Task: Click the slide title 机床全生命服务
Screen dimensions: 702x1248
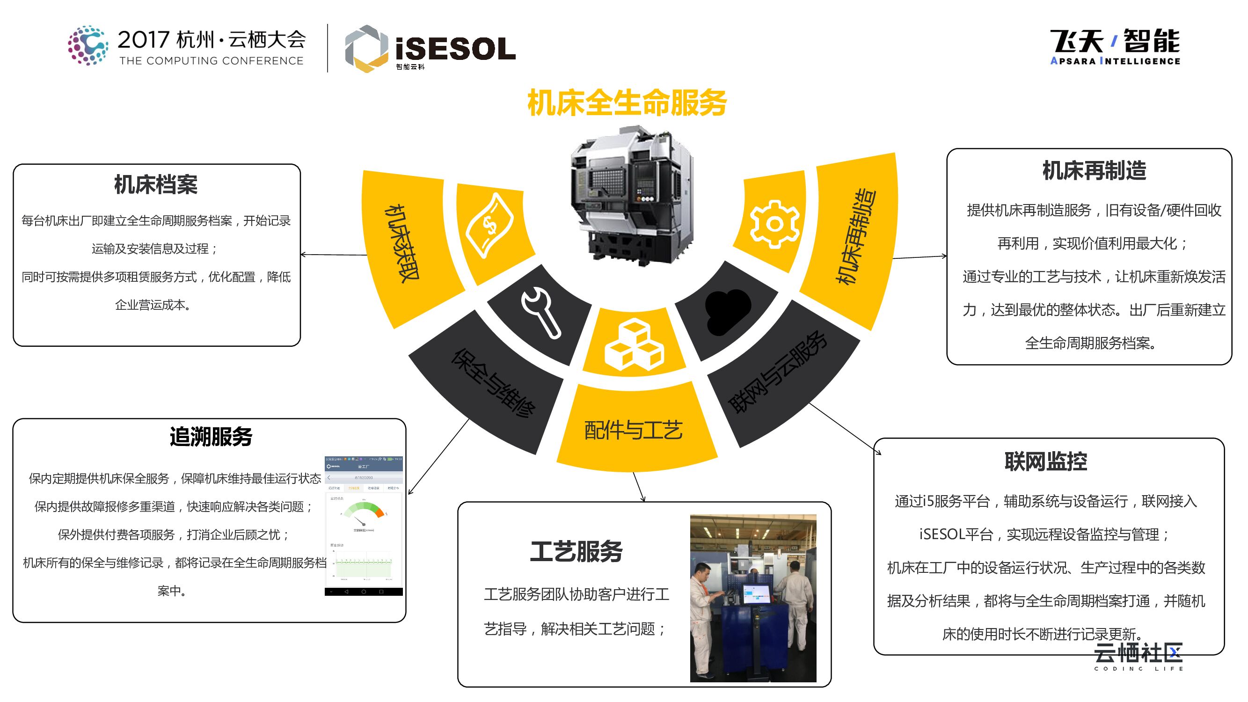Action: click(627, 102)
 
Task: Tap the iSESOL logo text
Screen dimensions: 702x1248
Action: click(455, 49)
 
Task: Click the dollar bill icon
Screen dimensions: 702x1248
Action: click(489, 225)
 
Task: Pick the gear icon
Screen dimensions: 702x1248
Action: click(774, 224)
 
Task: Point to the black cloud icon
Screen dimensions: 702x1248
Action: click(727, 312)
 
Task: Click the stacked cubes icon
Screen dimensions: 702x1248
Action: click(634, 344)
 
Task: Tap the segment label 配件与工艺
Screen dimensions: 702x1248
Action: click(634, 430)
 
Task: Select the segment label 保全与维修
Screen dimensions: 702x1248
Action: click(493, 382)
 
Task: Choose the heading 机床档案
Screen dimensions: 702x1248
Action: click(156, 184)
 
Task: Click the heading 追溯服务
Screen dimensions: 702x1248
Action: click(211, 437)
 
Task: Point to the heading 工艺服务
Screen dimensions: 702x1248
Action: click(576, 551)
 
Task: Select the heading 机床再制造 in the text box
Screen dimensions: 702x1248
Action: click(1094, 170)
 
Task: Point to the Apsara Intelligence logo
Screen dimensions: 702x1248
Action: click(1115, 46)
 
